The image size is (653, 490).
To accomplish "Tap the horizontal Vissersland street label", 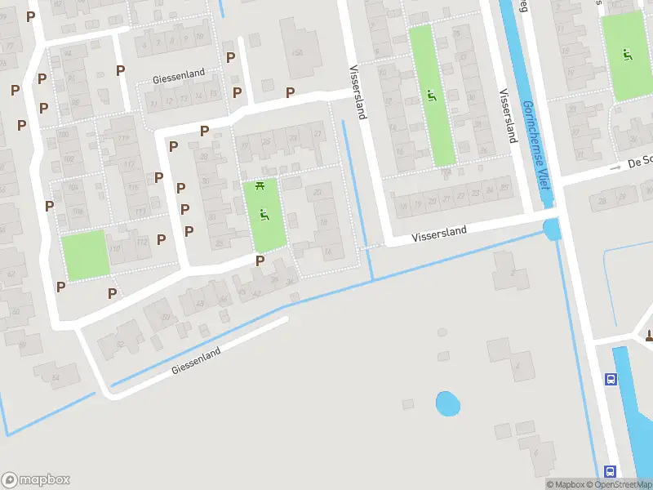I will (x=439, y=234).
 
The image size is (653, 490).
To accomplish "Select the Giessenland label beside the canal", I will (x=196, y=362).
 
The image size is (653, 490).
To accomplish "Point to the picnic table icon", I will (x=261, y=186).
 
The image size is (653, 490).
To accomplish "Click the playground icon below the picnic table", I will (x=264, y=215).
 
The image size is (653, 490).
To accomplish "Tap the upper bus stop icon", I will (x=611, y=379).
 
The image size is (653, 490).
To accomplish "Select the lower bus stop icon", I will (x=611, y=471).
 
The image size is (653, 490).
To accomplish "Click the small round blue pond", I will (x=447, y=403).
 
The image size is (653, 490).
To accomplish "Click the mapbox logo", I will (x=36, y=479).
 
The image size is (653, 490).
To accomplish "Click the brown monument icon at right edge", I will (x=649, y=335).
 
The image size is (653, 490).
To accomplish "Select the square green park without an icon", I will (x=85, y=255).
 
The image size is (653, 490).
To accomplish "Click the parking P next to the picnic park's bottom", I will (x=260, y=261).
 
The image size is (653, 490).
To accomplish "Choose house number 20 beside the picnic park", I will (x=318, y=191).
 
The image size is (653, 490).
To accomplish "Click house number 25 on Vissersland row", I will (x=505, y=189).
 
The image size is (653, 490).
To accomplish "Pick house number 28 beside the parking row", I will (x=204, y=156).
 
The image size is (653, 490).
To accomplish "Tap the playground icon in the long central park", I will (x=431, y=96).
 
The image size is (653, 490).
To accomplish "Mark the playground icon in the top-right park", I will (x=627, y=55).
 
